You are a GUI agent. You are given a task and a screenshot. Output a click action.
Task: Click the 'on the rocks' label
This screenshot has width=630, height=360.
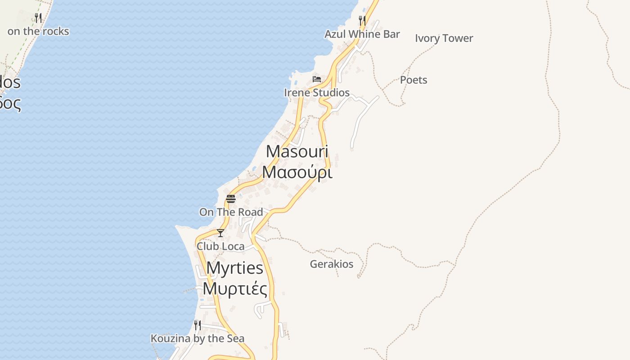point(38,31)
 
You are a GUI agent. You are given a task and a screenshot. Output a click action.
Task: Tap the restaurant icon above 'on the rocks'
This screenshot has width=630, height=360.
point(38,18)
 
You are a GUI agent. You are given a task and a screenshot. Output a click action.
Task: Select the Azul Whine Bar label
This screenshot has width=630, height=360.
point(362,34)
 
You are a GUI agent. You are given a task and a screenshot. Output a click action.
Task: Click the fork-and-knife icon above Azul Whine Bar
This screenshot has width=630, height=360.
point(362,20)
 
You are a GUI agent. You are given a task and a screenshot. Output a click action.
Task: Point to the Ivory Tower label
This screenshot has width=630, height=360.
point(444,38)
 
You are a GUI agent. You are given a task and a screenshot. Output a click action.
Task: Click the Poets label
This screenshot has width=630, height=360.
point(414,80)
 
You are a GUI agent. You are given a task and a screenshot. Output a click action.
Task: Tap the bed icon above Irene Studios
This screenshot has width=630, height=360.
point(317,79)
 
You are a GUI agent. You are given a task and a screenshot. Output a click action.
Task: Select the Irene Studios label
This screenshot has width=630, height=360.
point(317,93)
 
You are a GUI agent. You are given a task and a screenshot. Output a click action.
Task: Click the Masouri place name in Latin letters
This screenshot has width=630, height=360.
point(297,152)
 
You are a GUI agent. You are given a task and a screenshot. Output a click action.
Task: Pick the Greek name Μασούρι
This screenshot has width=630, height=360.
point(297,172)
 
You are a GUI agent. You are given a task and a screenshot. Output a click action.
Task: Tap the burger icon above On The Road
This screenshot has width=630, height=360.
point(231,198)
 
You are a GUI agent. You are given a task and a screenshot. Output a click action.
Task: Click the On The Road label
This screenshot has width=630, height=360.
point(231,212)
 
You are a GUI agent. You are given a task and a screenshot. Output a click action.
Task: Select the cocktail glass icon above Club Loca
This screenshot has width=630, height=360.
point(220,233)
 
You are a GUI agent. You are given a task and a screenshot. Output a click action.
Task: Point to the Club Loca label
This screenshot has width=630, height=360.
point(220,247)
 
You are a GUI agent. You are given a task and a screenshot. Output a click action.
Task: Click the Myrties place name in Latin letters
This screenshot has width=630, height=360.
point(235,268)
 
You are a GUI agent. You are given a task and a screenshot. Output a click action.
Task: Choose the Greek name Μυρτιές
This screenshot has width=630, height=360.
point(235,288)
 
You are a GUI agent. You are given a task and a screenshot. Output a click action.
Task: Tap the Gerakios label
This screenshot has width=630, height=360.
point(332,264)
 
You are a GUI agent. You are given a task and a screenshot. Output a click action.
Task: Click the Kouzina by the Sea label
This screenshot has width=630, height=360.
point(197,338)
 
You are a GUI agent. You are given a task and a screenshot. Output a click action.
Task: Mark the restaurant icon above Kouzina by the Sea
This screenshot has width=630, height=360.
point(197,325)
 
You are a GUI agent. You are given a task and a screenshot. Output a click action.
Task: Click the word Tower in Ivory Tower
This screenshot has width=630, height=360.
point(458,38)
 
